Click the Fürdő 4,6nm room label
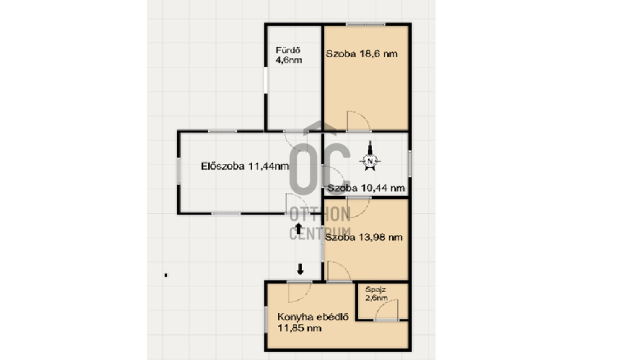[289, 56]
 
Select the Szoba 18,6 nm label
[362, 54]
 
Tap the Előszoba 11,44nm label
[245, 166]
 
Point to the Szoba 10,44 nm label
[366, 188]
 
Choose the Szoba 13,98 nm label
[364, 237]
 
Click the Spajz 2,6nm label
[376, 294]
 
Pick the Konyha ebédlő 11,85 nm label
[313, 322]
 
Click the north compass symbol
[370, 156]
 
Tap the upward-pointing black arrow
[298, 228]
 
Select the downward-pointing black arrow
[301, 269]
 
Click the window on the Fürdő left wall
[266, 81]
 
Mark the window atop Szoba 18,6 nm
[366, 24]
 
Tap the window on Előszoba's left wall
[178, 171]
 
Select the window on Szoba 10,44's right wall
[409, 163]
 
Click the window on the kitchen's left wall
[266, 319]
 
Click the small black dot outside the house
[166, 275]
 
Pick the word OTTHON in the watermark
[320, 214]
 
